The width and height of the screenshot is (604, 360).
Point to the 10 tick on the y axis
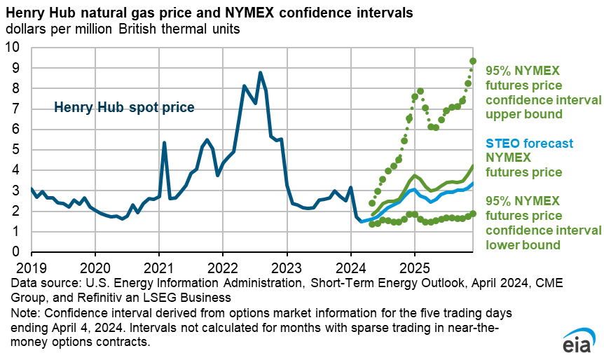[x=15, y=48]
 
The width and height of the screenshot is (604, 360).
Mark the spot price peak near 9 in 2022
[x=260, y=73]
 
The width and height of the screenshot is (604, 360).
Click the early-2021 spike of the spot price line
[x=164, y=143]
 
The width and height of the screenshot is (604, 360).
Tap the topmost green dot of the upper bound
[x=473, y=62]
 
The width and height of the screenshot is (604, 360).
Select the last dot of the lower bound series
[x=473, y=214]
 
